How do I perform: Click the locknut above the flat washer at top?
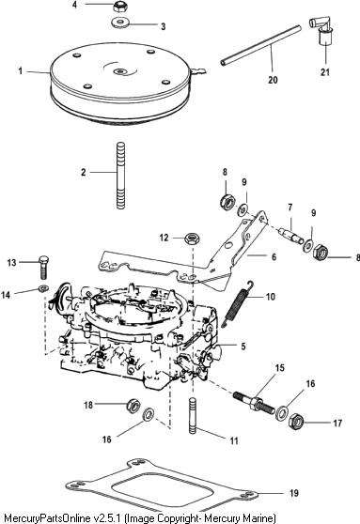[x=118, y=6]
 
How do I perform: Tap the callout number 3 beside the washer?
[x=164, y=26]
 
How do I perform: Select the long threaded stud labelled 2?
[x=120, y=176]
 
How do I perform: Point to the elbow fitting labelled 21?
[x=321, y=31]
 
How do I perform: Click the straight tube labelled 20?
[x=260, y=45]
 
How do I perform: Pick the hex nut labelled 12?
[x=193, y=239]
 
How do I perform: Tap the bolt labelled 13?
[x=43, y=267]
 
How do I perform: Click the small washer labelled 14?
[x=43, y=287]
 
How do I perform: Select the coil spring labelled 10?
[x=239, y=303]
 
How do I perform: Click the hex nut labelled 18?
[x=133, y=406]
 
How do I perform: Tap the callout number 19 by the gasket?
[x=294, y=493]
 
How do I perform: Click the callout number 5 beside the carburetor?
[x=243, y=347]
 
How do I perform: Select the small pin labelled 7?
[x=291, y=237]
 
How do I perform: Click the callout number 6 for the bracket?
[x=274, y=256]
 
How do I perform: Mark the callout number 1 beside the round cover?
[x=21, y=71]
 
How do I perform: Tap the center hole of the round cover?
[x=119, y=71]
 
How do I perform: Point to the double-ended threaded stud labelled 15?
[x=255, y=404]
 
